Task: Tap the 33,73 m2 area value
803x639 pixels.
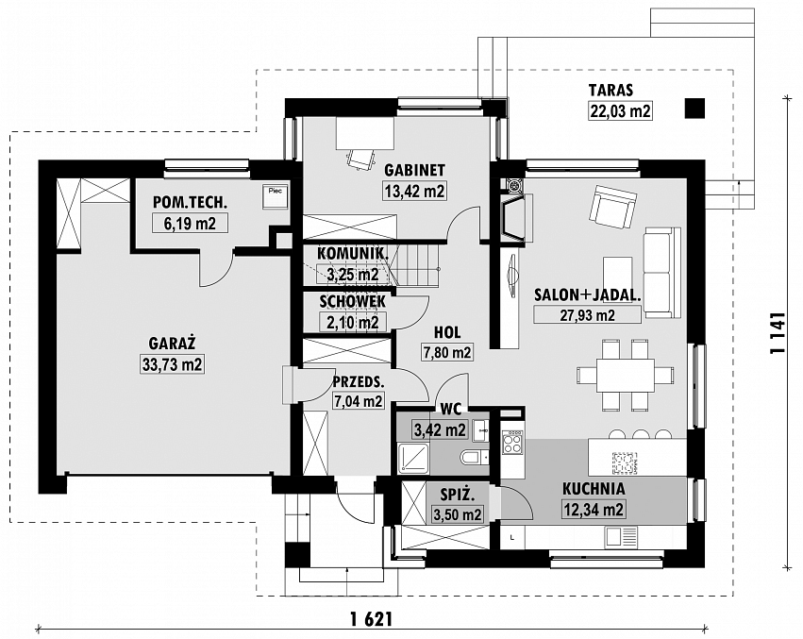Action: [x=172, y=365]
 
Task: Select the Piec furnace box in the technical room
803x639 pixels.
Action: [x=276, y=196]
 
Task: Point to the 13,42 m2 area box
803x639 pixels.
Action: [x=414, y=192]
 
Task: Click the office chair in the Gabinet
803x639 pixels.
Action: [x=360, y=158]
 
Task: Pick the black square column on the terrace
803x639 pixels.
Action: [x=694, y=109]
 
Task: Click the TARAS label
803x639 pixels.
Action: [x=611, y=91]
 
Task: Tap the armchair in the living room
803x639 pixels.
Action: [x=613, y=208]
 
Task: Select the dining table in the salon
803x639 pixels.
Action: [x=616, y=374]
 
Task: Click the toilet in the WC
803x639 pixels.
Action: [x=472, y=457]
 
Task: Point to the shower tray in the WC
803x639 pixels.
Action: [x=412, y=459]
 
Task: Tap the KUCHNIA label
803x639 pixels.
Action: [x=594, y=488]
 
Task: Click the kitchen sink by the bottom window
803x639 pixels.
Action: [x=620, y=536]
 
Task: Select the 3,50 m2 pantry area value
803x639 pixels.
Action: [x=458, y=514]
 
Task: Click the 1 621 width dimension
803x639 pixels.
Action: [x=372, y=619]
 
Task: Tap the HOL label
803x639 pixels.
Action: [x=447, y=332]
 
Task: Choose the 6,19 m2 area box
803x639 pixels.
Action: [x=190, y=224]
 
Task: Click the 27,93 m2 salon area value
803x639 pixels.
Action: [x=588, y=314]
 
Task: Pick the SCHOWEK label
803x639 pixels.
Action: [x=352, y=302]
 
